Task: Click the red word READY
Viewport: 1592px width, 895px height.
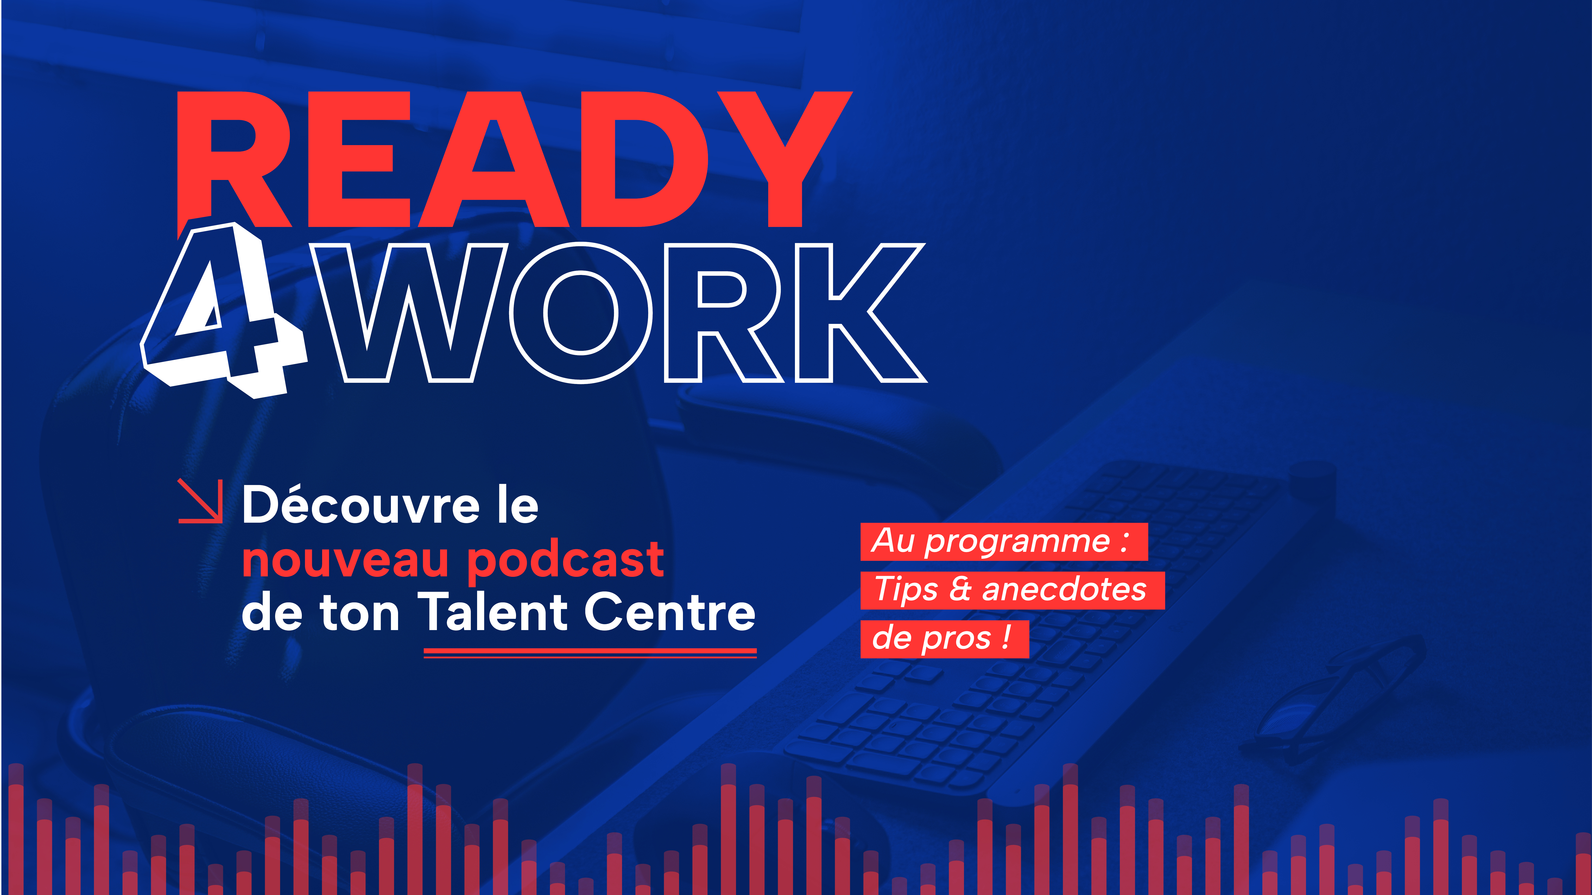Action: coord(514,159)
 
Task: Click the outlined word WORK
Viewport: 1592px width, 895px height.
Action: coord(618,313)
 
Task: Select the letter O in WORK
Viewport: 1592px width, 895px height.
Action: coord(581,313)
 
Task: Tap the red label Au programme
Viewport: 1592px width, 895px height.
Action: coord(1004,542)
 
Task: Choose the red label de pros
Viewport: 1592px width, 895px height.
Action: coord(944,639)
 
